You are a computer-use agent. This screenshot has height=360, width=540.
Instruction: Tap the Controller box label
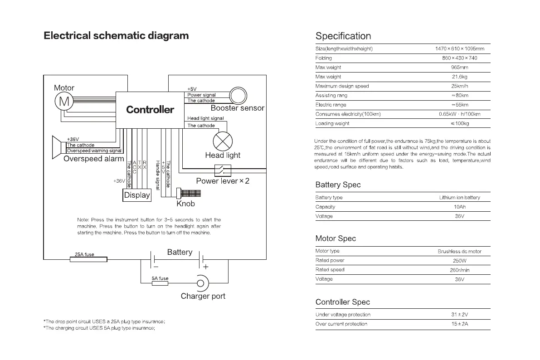tap(150, 110)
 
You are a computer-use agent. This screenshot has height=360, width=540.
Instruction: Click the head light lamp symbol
tap(223, 142)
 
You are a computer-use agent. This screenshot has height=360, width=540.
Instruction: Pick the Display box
tap(136, 195)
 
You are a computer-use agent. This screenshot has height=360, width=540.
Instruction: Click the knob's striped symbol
tap(190, 193)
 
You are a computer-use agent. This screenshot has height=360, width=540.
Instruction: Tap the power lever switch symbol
tap(223, 170)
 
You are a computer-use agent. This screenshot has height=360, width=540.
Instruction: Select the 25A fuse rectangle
tap(89, 259)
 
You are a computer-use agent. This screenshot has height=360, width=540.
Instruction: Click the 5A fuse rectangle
tap(160, 283)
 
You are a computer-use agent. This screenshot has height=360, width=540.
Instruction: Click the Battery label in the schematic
tap(180, 252)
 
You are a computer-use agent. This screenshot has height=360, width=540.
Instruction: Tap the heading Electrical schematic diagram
tap(116, 36)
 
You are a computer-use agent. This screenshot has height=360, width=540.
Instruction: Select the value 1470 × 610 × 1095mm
tap(459, 49)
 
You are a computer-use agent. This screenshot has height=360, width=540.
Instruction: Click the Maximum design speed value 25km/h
tap(460, 86)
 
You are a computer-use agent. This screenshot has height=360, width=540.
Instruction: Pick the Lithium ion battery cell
tap(459, 198)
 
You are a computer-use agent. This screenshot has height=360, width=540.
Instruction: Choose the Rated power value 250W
tap(459, 261)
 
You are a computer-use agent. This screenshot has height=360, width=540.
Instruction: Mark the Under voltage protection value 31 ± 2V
tap(459, 315)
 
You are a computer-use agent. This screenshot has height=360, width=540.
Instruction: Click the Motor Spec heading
tap(336, 238)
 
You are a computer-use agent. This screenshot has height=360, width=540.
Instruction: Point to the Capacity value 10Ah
tap(459, 207)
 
